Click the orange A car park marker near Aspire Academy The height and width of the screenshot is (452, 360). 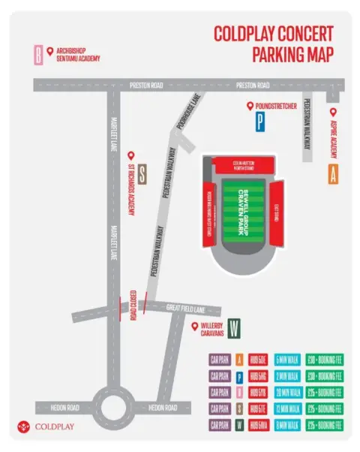point(332,174)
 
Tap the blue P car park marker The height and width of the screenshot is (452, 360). point(259,122)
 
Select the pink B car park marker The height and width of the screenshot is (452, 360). point(37,54)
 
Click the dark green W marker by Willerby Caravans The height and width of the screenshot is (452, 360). point(235,327)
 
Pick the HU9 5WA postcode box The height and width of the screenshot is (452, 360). point(258,425)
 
